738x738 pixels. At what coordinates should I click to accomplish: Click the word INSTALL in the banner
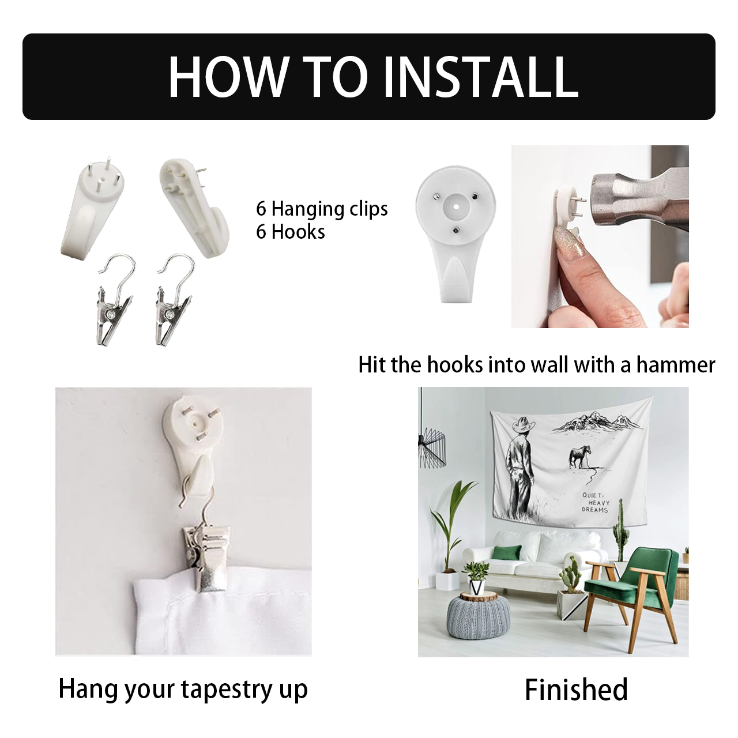pos(481,77)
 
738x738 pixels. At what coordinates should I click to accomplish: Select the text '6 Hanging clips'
pos(322,209)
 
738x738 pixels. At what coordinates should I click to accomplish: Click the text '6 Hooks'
pos(290,232)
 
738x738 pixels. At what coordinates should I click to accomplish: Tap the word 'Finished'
pos(576,690)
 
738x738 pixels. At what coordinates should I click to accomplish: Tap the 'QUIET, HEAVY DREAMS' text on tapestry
pos(595,502)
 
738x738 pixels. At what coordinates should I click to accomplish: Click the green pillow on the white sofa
pos(507,553)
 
